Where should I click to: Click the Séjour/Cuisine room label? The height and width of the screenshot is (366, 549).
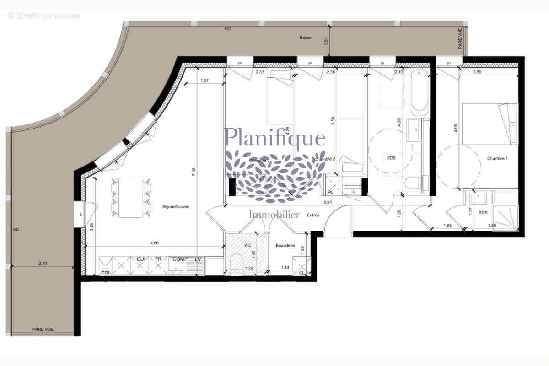[x=176, y=207]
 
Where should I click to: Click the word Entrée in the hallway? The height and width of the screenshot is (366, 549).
[x=313, y=215]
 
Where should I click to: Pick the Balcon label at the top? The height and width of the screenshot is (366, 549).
[x=306, y=38]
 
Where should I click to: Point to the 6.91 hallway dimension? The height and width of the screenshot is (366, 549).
[x=327, y=202]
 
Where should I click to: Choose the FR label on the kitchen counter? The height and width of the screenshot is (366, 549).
[x=158, y=259]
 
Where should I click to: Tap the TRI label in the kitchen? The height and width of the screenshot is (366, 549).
[x=105, y=273]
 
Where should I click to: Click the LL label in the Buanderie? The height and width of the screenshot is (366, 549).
[x=302, y=273]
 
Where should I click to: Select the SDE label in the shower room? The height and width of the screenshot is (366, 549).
[x=483, y=213]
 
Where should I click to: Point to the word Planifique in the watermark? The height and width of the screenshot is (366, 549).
[x=275, y=137]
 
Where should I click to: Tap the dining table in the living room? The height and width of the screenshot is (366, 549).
[x=131, y=198]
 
